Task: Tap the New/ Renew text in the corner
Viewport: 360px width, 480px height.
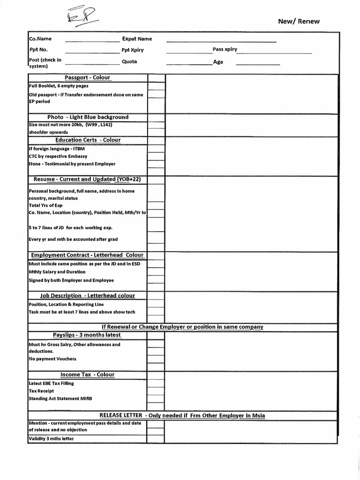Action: click(299, 21)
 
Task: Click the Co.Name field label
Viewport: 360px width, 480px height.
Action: click(40, 39)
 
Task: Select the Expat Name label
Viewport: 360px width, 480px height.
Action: click(137, 39)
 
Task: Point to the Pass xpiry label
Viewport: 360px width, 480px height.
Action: click(225, 49)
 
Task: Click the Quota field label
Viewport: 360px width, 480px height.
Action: click(129, 62)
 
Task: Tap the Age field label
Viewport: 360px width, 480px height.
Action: click(218, 62)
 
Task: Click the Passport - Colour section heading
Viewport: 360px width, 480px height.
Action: click(88, 77)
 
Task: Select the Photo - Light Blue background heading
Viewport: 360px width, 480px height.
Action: click(88, 117)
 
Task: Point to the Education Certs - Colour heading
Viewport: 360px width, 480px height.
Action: click(88, 140)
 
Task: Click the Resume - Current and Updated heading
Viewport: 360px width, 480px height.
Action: click(88, 179)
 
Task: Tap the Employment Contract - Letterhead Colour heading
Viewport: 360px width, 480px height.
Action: click(88, 255)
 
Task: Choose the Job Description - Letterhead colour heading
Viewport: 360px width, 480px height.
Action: click(88, 295)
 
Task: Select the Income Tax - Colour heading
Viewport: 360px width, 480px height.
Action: click(88, 375)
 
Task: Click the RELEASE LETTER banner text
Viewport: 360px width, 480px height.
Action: click(182, 415)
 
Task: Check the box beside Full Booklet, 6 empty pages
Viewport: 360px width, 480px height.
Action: click(156, 86)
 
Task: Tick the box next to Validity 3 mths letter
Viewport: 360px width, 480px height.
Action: click(156, 439)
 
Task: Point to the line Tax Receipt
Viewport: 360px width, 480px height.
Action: click(41, 390)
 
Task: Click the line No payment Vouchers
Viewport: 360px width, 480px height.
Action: click(52, 359)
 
